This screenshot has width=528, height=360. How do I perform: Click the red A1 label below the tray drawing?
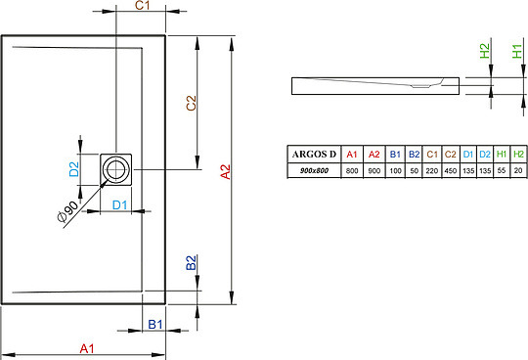tap(87, 348)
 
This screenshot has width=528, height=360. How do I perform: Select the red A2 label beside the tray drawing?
tap(225, 172)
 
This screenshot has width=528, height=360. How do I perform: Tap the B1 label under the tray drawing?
tap(155, 325)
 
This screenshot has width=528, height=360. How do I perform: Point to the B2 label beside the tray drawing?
tap(191, 263)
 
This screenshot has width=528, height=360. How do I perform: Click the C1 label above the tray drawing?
tap(142, 6)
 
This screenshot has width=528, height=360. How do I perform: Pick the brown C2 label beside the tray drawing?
tap(191, 103)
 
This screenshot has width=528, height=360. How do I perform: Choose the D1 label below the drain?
tap(119, 204)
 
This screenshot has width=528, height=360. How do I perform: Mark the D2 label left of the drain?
tap(74, 169)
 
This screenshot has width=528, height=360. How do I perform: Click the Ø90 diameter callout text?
tap(67, 211)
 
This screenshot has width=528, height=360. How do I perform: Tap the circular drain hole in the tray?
tap(115, 169)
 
